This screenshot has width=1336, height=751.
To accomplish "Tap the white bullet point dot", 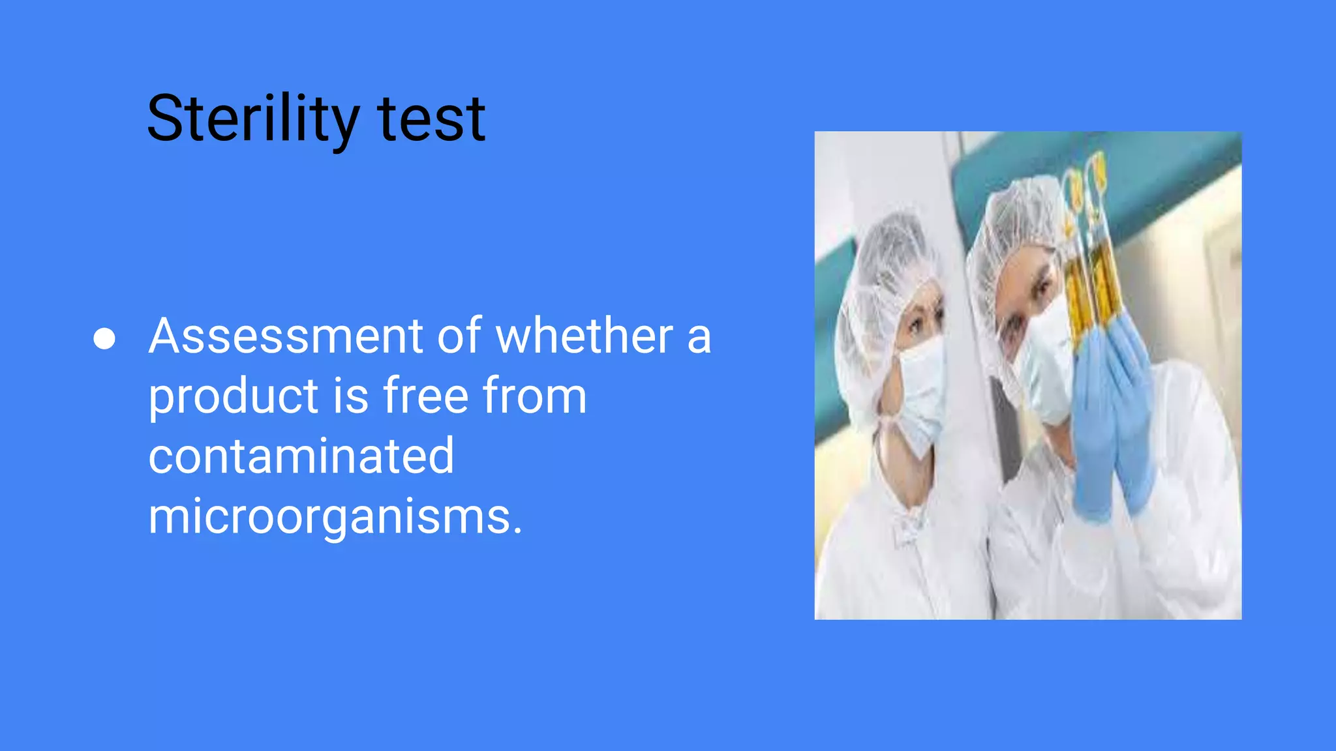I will (x=104, y=338).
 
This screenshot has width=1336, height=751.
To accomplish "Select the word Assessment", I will (x=286, y=336).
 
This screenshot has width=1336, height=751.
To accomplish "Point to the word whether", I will (x=584, y=336).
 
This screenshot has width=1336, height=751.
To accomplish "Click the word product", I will (x=233, y=397).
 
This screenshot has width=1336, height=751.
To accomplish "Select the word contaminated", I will (x=301, y=456).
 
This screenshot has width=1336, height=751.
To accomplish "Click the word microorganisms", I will (x=335, y=517).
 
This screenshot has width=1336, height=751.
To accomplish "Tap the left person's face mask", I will (x=922, y=391).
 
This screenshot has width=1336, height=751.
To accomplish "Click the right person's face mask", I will (x=1044, y=365).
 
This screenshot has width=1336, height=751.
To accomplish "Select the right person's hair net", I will (x=1018, y=215).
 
